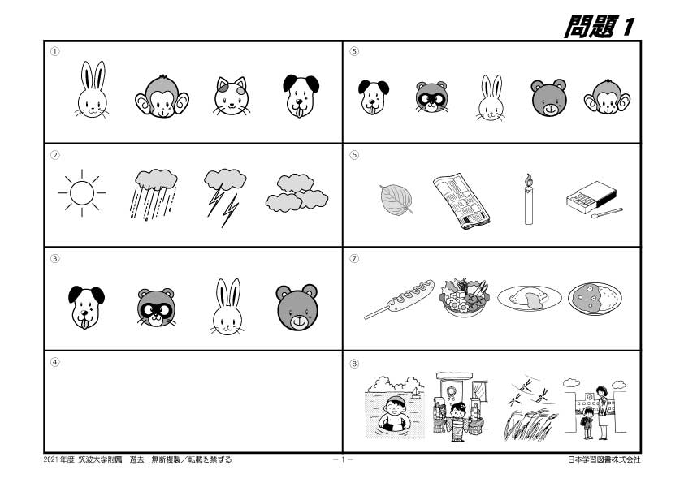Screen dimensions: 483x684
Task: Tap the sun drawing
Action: pos(81,194)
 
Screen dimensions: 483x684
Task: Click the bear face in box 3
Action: pos(297,308)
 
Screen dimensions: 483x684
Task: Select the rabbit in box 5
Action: pos(490,98)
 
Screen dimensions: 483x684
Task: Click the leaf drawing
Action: pos(396,198)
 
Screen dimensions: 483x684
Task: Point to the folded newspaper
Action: pos(460,201)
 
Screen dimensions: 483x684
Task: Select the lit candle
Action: pos(528,199)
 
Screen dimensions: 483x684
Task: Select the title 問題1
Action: pos(600,26)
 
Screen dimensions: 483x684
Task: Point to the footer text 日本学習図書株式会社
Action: pos(604,459)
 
